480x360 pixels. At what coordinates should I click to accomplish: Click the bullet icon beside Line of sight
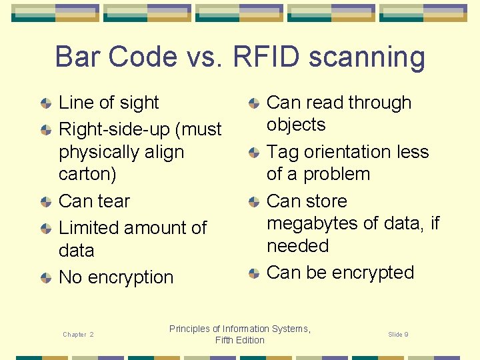point(45,103)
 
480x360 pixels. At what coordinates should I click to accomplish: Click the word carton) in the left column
point(87,174)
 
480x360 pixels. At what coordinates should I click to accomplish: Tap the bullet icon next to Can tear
point(45,202)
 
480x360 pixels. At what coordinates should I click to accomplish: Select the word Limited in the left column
point(90,227)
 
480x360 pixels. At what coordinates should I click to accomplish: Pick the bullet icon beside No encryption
point(45,278)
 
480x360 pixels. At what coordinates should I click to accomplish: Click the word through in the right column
point(377,103)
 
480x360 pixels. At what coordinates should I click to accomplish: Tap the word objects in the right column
point(296,125)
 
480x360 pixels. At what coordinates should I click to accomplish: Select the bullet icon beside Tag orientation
point(254,153)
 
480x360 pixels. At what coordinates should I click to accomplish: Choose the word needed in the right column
point(297,245)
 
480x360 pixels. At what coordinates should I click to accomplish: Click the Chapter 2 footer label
point(78,334)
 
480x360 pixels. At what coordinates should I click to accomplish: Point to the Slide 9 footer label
point(398,334)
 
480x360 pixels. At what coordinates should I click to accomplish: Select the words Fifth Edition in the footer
point(239,341)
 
